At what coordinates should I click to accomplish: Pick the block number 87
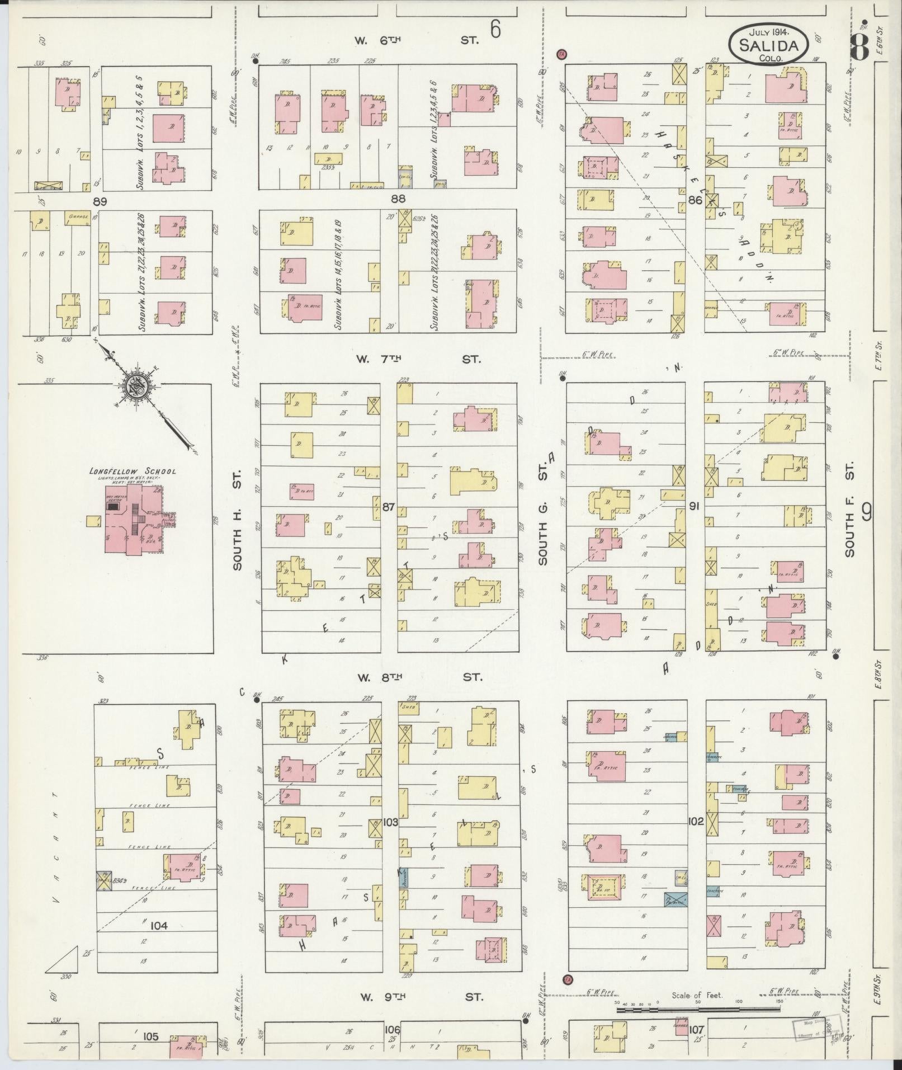click(x=389, y=507)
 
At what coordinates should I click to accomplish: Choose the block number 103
click(x=390, y=822)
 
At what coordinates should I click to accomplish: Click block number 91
click(x=695, y=507)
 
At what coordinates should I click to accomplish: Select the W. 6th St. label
click(x=417, y=40)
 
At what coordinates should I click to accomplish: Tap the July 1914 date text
click(x=767, y=31)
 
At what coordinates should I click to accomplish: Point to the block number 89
click(x=100, y=200)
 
